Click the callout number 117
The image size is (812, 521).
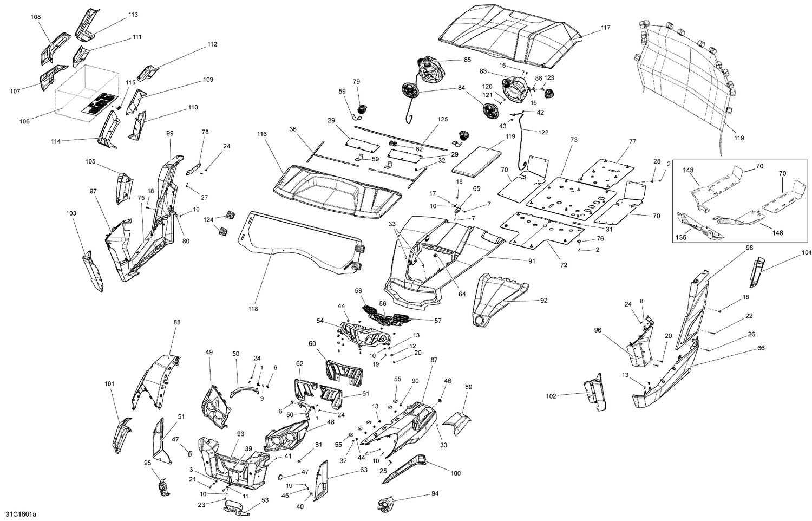pos(605,28)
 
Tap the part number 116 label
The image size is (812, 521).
pos(263,133)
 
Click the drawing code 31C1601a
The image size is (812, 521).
pos(22,513)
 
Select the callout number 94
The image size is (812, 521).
pos(435,494)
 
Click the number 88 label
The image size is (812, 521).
pos(177,322)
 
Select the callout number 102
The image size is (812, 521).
pos(551,396)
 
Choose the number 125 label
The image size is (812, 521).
pos(443,119)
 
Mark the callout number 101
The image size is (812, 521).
pos(109,384)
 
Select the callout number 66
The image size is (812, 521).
pos(761,348)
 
